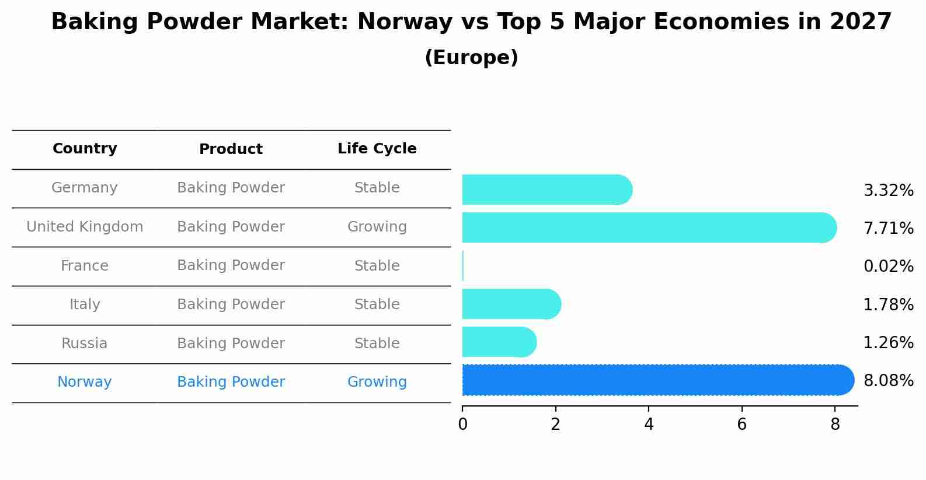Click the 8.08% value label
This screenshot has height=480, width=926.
888,381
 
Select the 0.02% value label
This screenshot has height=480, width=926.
888,267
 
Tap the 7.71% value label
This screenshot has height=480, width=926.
888,229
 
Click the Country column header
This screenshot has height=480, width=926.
85,149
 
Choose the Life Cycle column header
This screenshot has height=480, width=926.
377,149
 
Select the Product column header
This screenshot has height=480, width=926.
231,149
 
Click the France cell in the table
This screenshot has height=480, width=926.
85,266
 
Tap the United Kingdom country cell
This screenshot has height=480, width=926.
85,227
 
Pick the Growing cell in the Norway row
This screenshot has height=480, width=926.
377,382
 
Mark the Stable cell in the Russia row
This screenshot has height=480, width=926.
377,344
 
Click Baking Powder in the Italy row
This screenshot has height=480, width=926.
231,304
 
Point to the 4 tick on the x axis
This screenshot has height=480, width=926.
649,424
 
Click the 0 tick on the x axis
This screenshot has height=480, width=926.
462,424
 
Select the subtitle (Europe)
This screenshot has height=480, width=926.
471,58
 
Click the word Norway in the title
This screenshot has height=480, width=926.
405,22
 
